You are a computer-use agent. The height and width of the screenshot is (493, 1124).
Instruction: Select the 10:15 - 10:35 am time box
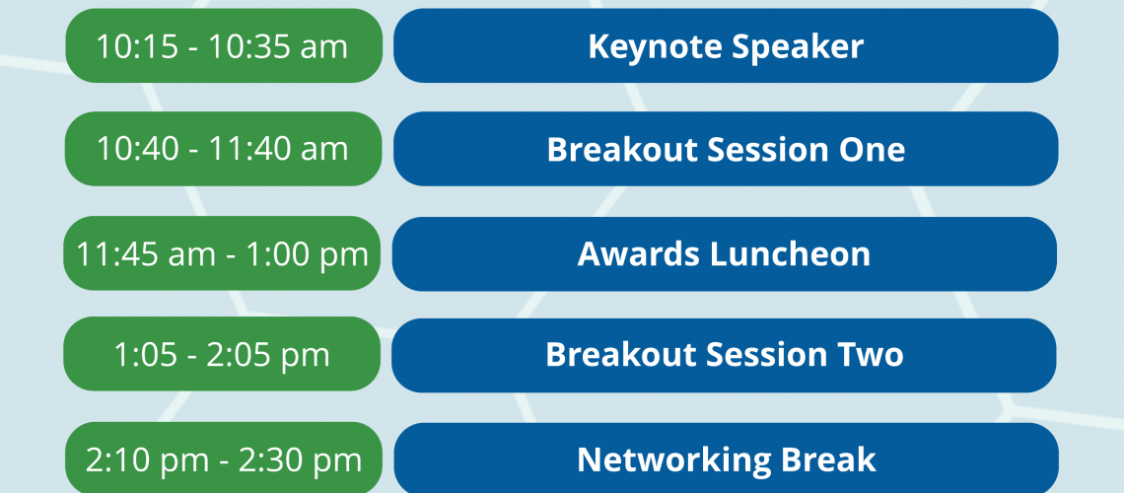click(224, 46)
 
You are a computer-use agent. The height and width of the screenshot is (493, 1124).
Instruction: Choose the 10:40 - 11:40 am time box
click(224, 149)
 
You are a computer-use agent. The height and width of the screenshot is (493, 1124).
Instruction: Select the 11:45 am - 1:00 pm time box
click(222, 253)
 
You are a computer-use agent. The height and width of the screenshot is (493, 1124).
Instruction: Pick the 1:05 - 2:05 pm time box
click(222, 354)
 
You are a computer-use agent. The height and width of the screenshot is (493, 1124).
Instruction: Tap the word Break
click(831, 460)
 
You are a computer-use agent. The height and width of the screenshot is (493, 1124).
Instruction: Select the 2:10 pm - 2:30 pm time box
click(224, 458)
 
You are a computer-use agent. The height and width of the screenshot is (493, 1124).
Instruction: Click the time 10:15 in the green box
click(137, 47)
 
